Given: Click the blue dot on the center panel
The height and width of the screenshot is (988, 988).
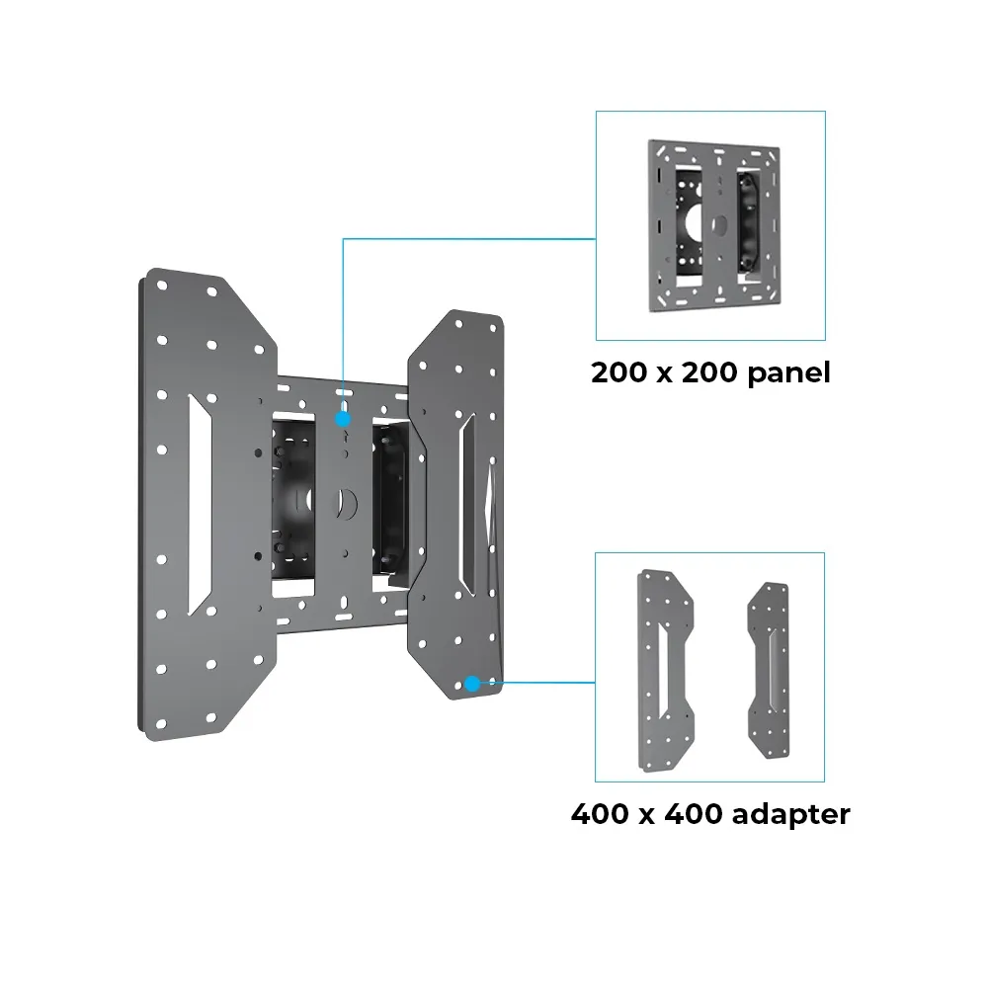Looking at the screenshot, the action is [343, 419].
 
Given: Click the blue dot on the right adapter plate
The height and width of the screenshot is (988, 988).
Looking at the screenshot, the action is [472, 683].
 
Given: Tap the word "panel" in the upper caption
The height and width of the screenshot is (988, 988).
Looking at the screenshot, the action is [788, 373].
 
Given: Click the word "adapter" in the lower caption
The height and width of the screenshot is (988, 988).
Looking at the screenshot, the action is [790, 814].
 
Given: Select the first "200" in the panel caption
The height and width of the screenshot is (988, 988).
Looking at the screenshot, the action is [619, 372].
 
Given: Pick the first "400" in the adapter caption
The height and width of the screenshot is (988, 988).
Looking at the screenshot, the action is [600, 814].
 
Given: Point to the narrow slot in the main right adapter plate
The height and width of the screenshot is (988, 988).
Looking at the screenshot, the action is [467, 504].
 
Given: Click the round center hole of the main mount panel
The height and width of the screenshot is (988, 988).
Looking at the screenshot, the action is [345, 503].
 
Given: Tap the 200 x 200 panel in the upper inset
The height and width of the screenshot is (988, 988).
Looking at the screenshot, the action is [714, 225].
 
